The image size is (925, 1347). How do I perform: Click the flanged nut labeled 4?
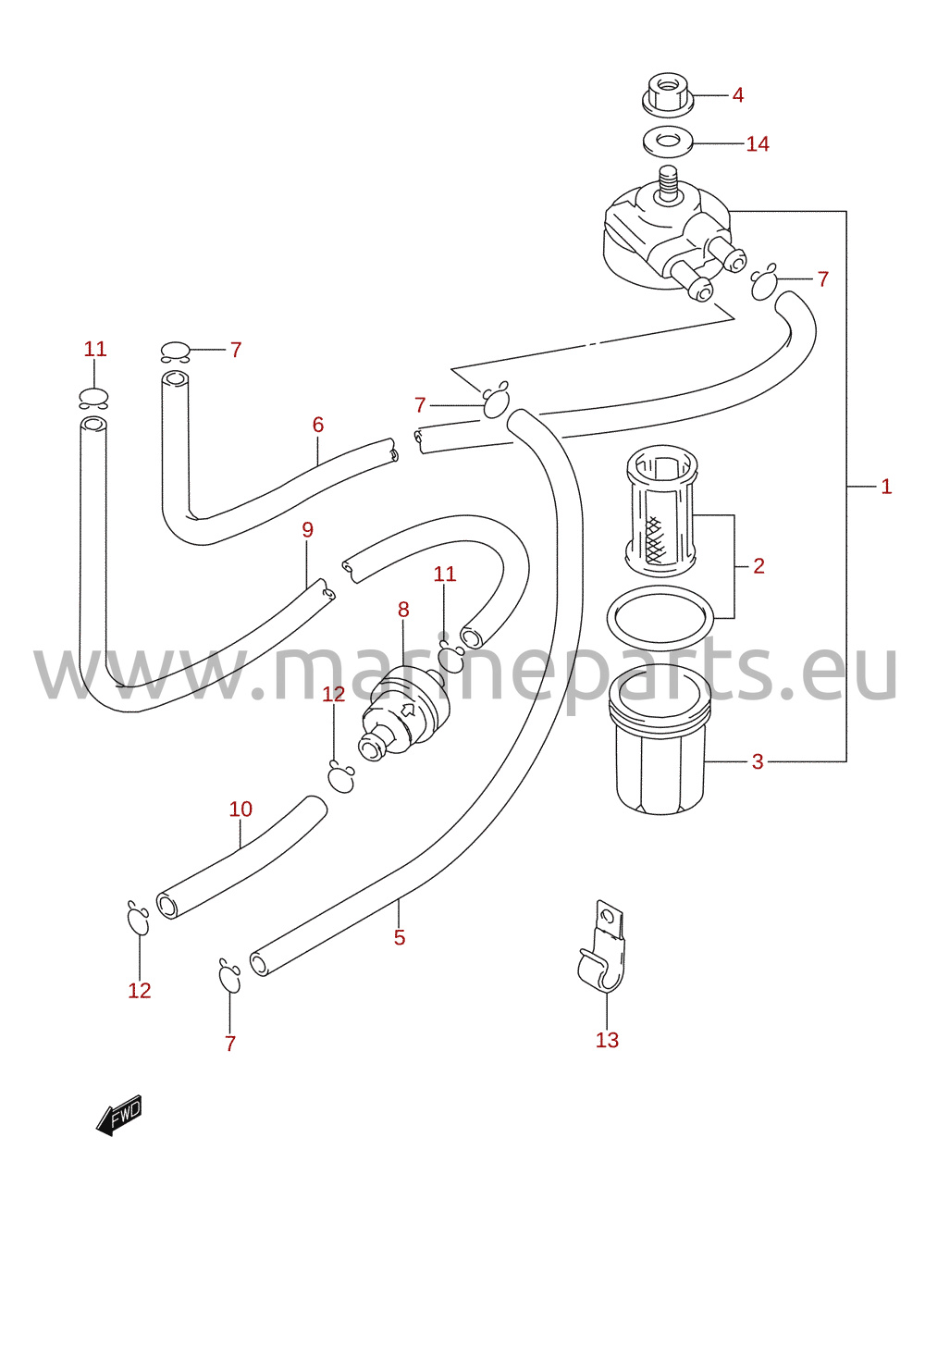tap(668, 95)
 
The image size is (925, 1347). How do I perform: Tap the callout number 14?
tap(758, 143)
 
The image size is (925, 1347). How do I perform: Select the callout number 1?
tap(886, 486)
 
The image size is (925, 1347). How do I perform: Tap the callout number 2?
tap(758, 566)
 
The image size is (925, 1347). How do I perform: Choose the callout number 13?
tap(607, 1040)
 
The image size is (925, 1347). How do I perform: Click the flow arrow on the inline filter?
tap(408, 711)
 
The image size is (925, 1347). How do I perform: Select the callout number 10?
tap(240, 809)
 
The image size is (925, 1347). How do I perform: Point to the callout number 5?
tap(400, 937)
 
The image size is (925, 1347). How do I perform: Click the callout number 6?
tap(318, 425)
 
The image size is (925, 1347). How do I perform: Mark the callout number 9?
tap(307, 530)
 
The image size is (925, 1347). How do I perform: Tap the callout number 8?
tap(403, 610)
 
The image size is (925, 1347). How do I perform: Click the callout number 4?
tap(738, 95)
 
